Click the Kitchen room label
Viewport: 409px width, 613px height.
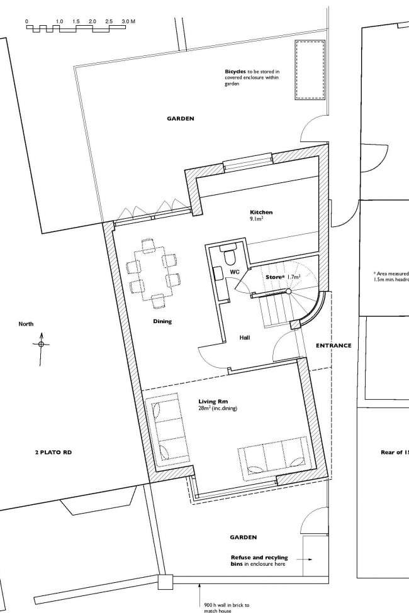[261, 213]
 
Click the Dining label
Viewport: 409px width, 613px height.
[162, 321]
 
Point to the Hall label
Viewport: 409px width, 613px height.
[245, 338]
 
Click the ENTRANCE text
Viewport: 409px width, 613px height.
[333, 345]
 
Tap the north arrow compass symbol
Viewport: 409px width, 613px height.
[41, 345]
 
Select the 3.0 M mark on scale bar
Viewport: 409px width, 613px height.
[128, 21]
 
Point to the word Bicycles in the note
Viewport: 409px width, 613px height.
[235, 72]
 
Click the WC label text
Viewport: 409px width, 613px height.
[235, 272]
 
